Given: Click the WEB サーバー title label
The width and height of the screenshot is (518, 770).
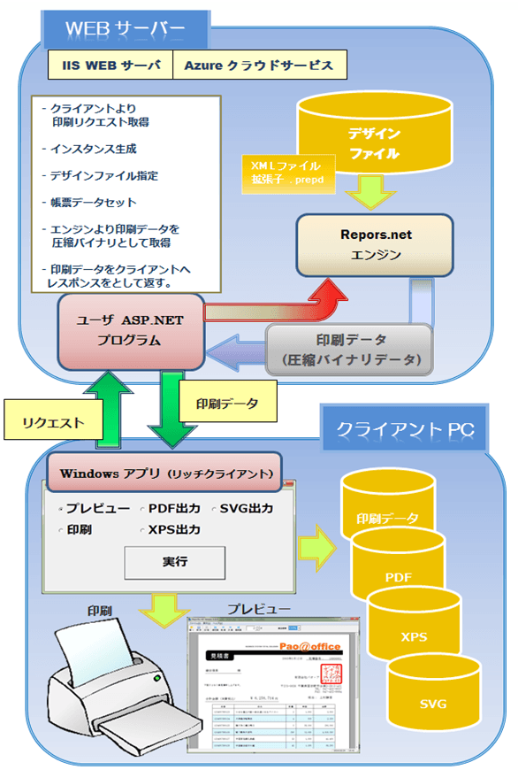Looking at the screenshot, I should [x=126, y=29].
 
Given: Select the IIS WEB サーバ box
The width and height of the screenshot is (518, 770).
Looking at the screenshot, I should [x=110, y=65].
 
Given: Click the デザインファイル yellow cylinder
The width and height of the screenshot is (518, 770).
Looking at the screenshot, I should [x=374, y=142].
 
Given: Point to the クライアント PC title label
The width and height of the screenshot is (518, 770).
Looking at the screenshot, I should [x=406, y=428].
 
